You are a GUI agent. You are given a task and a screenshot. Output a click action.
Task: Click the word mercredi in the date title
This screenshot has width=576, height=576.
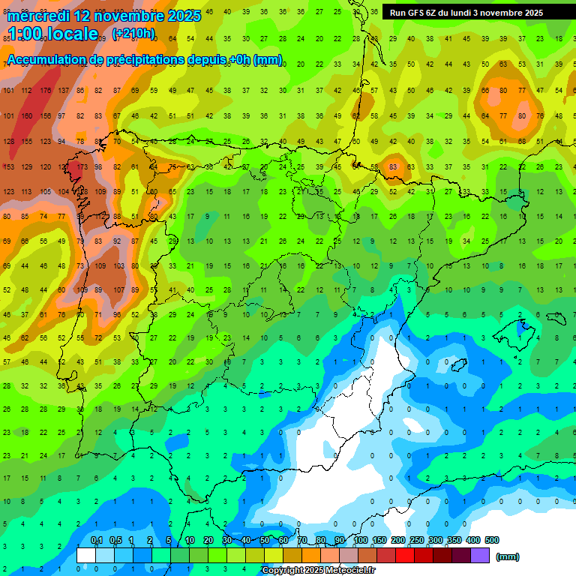(38, 16)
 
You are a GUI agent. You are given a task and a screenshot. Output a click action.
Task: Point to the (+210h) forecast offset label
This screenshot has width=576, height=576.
(133, 34)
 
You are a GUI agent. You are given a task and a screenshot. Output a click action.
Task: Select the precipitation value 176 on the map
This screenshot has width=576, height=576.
(46, 91)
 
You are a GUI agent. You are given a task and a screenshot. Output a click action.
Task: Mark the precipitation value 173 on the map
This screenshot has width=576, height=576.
(82, 166)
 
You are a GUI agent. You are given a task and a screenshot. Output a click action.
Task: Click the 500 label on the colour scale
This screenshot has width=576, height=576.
(492, 540)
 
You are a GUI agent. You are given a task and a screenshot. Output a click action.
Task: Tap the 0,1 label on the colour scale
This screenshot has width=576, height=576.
(97, 540)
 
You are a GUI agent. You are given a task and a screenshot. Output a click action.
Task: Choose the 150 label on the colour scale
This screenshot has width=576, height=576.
(379, 540)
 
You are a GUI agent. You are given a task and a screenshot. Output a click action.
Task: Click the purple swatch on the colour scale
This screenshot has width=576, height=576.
(481, 555)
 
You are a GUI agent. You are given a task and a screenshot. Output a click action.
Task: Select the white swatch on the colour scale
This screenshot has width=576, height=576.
(86, 555)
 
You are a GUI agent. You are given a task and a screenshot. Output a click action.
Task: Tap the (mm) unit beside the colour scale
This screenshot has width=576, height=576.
(508, 556)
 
